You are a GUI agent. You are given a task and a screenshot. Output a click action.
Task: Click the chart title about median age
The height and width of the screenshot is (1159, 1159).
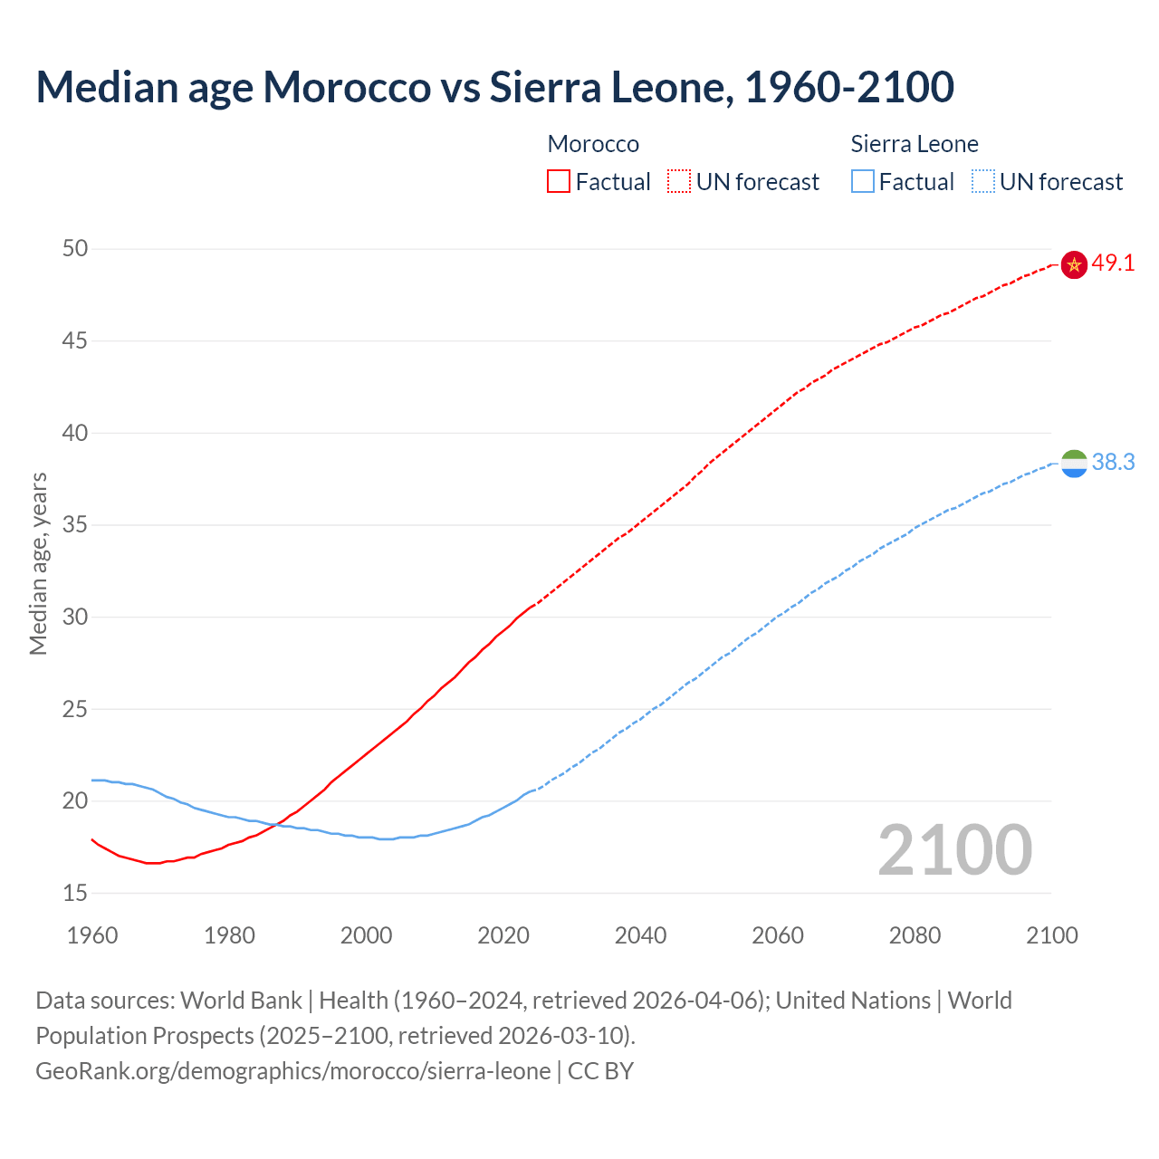click(494, 87)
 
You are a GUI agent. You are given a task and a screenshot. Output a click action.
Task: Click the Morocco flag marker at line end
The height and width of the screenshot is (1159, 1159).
click(1074, 264)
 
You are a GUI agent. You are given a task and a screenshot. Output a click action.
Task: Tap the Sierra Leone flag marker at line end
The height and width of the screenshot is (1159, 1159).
click(1074, 463)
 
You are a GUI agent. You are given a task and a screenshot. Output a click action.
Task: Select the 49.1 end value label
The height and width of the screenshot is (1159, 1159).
click(1113, 263)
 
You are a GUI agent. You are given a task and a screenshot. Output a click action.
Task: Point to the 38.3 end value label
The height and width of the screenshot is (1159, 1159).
click(1113, 462)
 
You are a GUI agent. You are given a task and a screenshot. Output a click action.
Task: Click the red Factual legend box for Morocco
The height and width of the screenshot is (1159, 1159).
click(559, 182)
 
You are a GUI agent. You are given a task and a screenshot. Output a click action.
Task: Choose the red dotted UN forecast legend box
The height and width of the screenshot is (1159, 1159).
click(679, 182)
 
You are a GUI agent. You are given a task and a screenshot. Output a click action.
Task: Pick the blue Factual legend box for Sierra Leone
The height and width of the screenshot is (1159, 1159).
click(863, 182)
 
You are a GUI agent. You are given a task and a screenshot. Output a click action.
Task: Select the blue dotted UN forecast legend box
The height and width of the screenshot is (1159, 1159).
click(982, 182)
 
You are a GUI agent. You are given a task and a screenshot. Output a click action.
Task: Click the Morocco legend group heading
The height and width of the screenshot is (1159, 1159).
click(593, 144)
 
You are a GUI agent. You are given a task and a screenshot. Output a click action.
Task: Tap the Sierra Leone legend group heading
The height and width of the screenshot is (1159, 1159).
click(915, 144)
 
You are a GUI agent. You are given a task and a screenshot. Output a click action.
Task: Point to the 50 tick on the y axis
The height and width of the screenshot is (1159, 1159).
click(75, 248)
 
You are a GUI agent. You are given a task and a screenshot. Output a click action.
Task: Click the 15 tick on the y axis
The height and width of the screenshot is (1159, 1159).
click(75, 893)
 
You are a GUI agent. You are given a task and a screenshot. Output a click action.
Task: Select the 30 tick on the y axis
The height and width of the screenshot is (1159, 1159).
click(75, 617)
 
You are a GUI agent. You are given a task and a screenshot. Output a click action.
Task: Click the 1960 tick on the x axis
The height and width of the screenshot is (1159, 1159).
click(92, 935)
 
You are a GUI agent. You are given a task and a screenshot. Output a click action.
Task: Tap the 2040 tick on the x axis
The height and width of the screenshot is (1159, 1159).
click(640, 935)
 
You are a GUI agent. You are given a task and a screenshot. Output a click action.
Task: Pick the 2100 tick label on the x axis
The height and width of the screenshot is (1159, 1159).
click(1051, 935)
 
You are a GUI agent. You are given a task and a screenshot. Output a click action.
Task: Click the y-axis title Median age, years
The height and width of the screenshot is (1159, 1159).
click(38, 563)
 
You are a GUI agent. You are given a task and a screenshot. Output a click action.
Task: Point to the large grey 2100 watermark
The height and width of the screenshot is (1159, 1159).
click(954, 849)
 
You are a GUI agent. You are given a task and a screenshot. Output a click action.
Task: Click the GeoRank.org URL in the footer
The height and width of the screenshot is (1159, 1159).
click(292, 1071)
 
